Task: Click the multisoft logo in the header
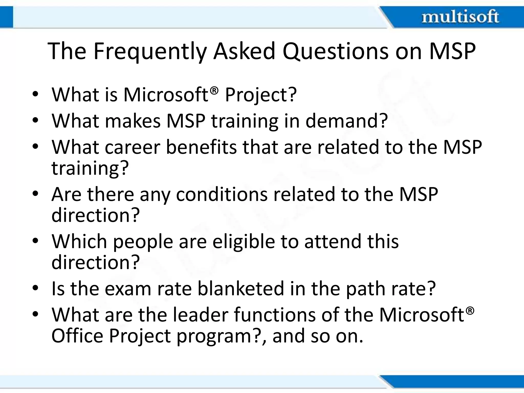(460, 17)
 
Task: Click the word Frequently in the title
(149, 51)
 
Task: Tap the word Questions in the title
(336, 51)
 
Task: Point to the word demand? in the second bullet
(347, 121)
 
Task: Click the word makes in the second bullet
(133, 121)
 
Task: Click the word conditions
(222, 194)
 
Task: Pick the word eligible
(244, 242)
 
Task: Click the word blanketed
(241, 288)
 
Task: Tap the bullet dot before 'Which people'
(35, 241)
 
